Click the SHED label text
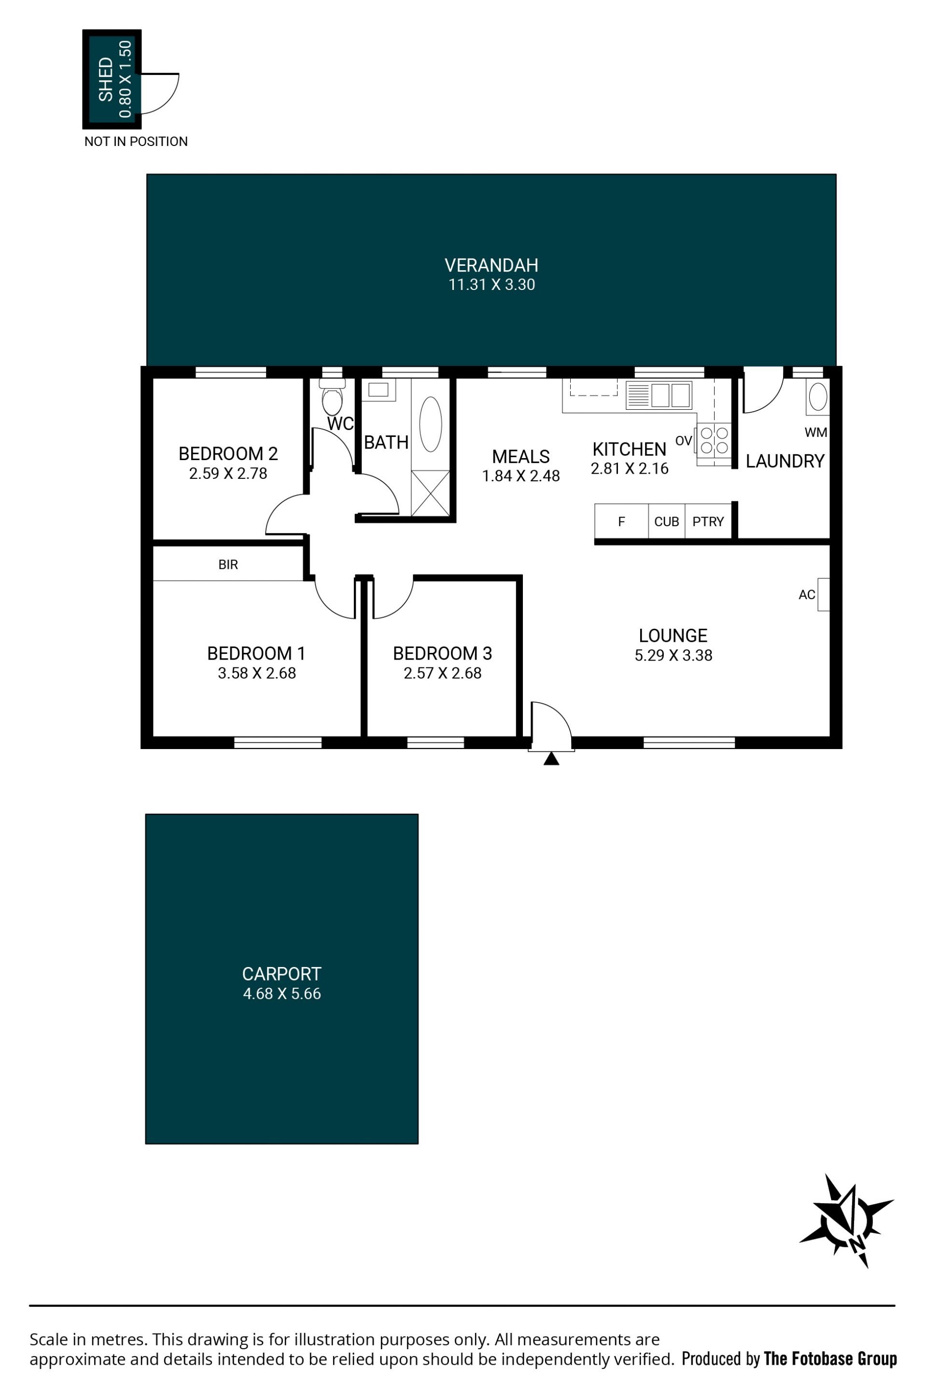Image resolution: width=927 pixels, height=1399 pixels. (x=106, y=79)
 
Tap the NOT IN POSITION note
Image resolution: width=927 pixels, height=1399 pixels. (x=136, y=142)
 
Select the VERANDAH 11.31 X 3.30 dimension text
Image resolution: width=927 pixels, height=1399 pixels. (x=492, y=285)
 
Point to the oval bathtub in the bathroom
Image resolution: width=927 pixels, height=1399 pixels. (x=430, y=424)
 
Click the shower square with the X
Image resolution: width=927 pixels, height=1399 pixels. (x=430, y=493)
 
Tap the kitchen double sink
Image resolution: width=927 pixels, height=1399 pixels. (x=659, y=395)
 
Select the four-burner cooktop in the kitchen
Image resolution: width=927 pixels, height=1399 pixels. (x=714, y=441)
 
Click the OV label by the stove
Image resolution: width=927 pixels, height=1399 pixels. (x=684, y=441)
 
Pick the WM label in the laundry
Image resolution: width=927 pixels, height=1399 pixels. (x=816, y=433)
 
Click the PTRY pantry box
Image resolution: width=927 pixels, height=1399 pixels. (x=708, y=521)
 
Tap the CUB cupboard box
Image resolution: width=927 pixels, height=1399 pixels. (x=667, y=521)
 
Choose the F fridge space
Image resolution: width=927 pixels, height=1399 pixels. (x=621, y=521)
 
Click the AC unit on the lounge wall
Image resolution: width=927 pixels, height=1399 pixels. (x=824, y=594)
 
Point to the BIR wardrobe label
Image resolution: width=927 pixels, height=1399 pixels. (x=228, y=564)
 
